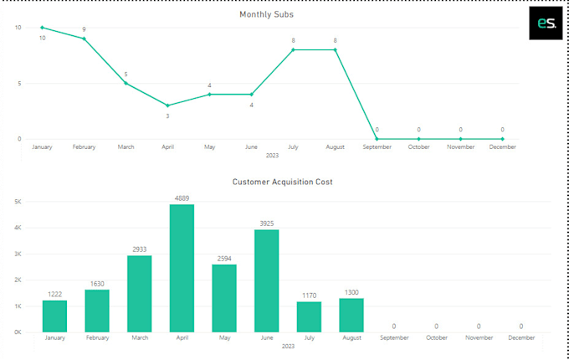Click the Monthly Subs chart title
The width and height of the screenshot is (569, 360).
(266, 14)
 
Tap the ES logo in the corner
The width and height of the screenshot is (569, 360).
(546, 24)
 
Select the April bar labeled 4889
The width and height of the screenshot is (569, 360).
(182, 268)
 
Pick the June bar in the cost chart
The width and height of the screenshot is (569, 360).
(266, 280)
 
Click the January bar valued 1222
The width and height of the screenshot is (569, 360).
(54, 316)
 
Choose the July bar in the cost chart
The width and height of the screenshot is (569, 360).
(309, 316)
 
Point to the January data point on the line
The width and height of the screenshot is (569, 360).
(42, 28)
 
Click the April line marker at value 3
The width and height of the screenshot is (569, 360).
(167, 105)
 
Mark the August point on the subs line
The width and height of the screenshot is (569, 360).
(335, 49)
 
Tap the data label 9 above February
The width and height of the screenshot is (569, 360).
(84, 30)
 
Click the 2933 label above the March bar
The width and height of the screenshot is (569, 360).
(139, 249)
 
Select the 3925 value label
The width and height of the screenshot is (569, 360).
(266, 224)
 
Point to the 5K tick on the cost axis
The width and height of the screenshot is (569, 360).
(17, 202)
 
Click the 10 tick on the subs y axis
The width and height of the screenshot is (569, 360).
(18, 28)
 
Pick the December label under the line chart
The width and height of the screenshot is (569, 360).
(502, 147)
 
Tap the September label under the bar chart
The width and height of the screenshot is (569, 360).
(393, 338)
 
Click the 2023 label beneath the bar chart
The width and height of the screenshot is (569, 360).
(288, 347)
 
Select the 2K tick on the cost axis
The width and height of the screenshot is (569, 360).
(17, 280)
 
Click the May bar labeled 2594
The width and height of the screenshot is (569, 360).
(223, 298)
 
